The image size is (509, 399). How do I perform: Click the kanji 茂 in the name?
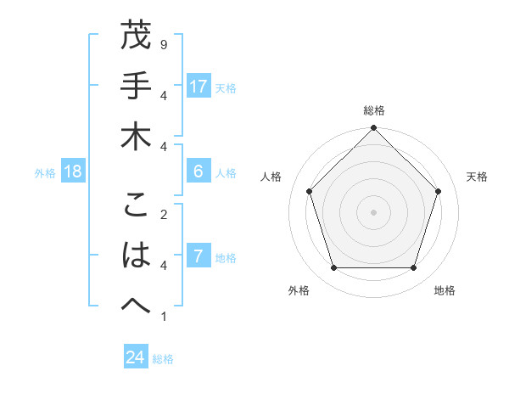click(136, 37)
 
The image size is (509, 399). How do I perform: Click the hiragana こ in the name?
click(136, 206)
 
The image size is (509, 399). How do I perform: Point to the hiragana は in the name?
click(136, 256)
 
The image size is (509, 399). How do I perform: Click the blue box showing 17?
click(199, 86)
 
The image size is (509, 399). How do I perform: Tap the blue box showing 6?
click(199, 171)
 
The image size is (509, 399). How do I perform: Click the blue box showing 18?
click(73, 171)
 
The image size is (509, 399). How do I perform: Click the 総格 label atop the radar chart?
click(373, 110)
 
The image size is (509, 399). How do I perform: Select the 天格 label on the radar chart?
click(477, 177)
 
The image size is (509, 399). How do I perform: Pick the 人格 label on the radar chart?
click(271, 177)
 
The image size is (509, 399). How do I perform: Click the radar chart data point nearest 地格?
click(413, 267)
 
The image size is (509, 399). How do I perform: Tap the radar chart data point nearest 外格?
click(333, 267)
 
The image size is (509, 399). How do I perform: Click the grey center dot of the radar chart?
click(373, 211)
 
